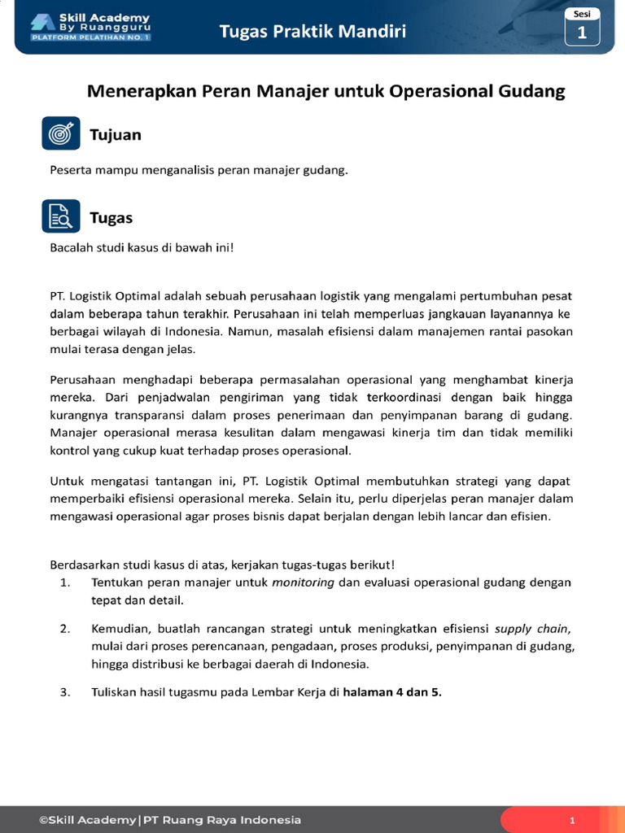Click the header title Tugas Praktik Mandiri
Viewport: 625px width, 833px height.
pyautogui.click(x=312, y=32)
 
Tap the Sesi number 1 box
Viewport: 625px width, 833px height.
pyautogui.click(x=581, y=33)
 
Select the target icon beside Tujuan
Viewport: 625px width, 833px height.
pyautogui.click(x=61, y=133)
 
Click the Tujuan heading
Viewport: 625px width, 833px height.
pyautogui.click(x=116, y=135)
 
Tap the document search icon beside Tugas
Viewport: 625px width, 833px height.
pyautogui.click(x=61, y=216)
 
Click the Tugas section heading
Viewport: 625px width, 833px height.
pyautogui.click(x=111, y=218)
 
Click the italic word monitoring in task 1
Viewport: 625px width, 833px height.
pyautogui.click(x=303, y=582)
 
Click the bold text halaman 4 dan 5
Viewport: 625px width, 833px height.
pyautogui.click(x=392, y=693)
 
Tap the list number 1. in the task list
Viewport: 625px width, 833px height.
pyautogui.click(x=65, y=582)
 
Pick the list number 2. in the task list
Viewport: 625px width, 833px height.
pyautogui.click(x=65, y=628)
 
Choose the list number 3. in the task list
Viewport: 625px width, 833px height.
pyautogui.click(x=65, y=693)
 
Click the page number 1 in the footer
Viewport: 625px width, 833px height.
pyautogui.click(x=572, y=820)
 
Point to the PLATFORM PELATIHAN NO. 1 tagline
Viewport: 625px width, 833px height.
pyautogui.click(x=90, y=37)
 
